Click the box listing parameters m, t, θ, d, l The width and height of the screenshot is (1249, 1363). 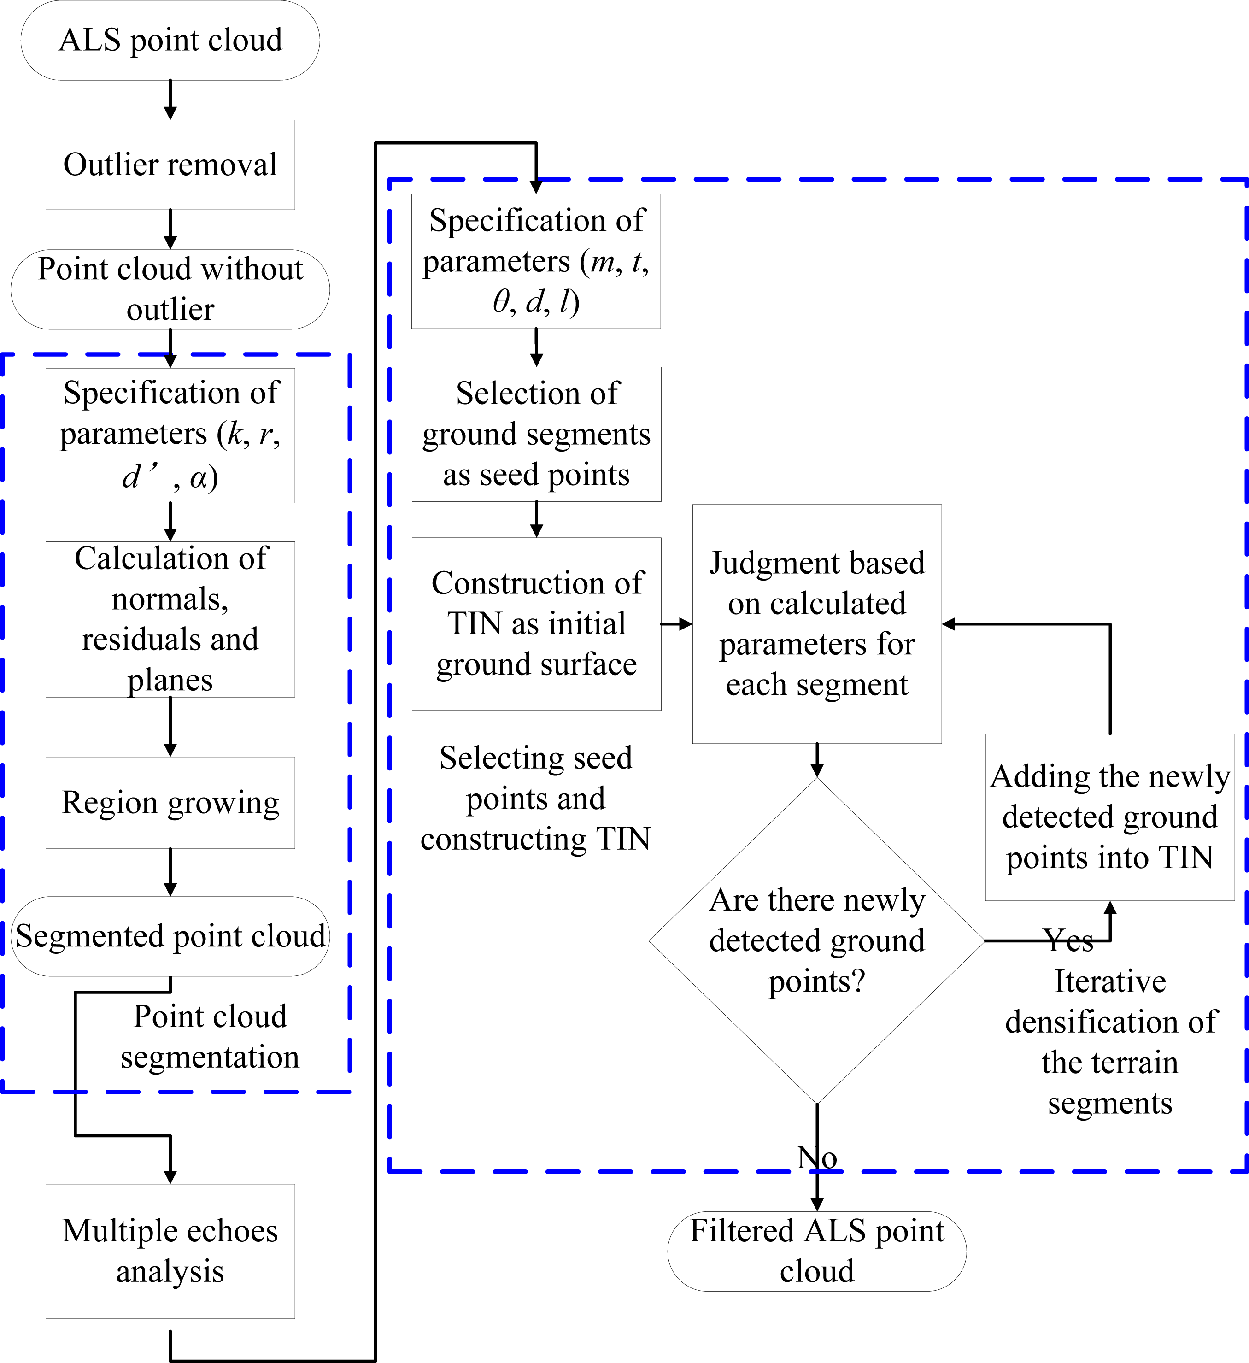[536, 262]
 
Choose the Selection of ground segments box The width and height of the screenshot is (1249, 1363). [536, 434]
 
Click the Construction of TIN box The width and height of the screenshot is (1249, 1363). [536, 623]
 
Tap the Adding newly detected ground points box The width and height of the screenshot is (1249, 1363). [1110, 817]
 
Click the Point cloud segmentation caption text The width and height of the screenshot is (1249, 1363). [210, 1036]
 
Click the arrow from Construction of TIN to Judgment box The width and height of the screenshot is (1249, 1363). [676, 624]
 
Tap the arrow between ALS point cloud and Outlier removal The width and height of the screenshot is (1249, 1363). [170, 100]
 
